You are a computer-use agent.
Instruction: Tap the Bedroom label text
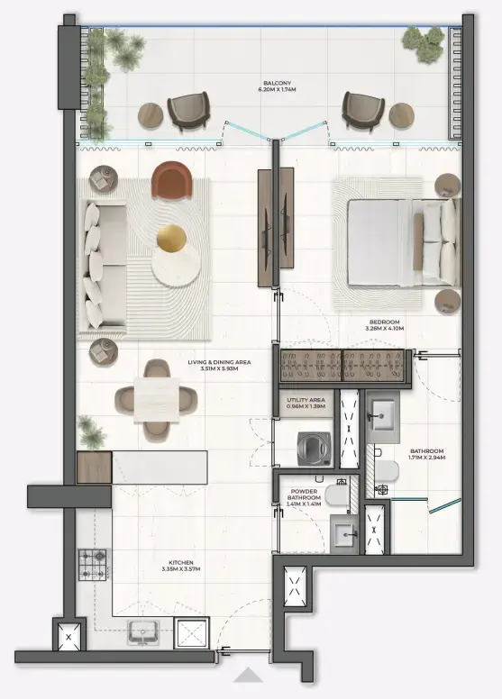(385, 325)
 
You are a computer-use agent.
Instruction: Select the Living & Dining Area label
(219, 365)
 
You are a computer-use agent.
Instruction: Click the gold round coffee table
(172, 239)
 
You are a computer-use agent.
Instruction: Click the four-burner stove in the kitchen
(92, 566)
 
